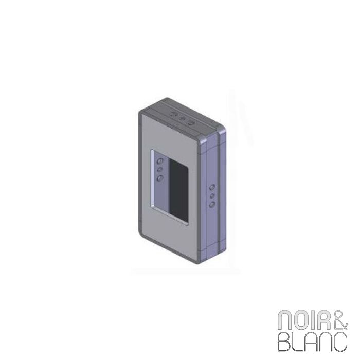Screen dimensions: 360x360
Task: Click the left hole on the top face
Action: click(174, 114)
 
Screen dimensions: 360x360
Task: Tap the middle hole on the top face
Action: click(183, 118)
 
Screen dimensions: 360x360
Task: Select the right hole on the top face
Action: click(191, 121)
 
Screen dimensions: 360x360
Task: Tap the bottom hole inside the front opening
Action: click(159, 178)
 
